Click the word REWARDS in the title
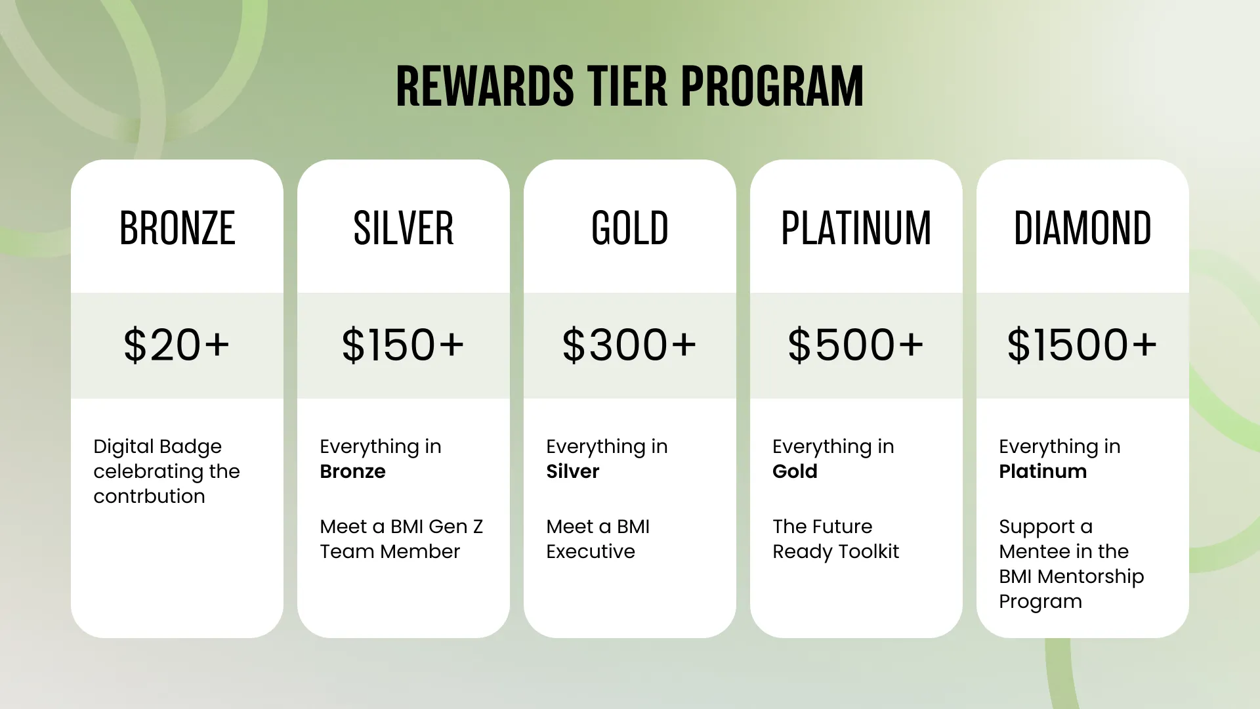[x=485, y=86]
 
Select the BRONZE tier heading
[x=177, y=228]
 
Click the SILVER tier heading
[x=404, y=228]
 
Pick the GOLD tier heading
[x=630, y=228]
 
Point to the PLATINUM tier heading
[x=856, y=228]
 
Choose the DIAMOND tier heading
[x=1083, y=228]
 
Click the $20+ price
[x=177, y=345]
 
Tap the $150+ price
[x=404, y=345]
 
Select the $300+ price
[x=630, y=345]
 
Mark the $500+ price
[x=856, y=345]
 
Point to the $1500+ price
[x=1083, y=345]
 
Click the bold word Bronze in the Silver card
[x=352, y=471]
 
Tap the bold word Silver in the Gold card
[x=573, y=471]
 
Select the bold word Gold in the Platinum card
[x=795, y=471]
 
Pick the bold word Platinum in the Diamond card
[x=1043, y=471]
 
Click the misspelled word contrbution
[x=149, y=496]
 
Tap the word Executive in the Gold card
[x=591, y=551]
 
